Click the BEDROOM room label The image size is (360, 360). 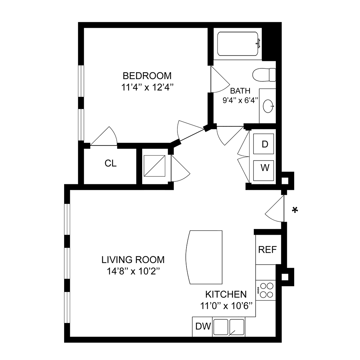[147, 76]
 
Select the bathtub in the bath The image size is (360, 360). [238, 44]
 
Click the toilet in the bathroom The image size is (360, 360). [264, 75]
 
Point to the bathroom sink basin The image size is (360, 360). [269, 106]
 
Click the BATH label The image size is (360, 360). [240, 91]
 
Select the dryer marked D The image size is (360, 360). [265, 144]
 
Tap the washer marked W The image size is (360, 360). [265, 168]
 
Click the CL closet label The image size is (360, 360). [111, 163]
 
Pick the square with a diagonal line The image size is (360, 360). [154, 166]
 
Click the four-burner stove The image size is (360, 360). [266, 291]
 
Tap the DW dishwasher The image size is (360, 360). [203, 327]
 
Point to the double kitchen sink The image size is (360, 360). [229, 327]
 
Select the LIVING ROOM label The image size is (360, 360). [133, 260]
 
